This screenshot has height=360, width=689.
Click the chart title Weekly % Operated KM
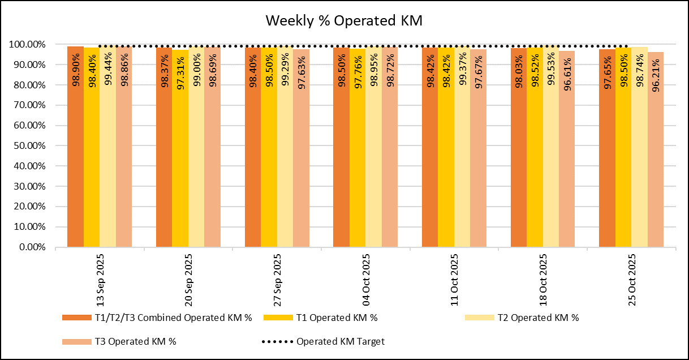[344, 21]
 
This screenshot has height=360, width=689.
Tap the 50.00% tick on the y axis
[28, 146]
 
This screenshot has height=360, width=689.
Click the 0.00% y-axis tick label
[30, 247]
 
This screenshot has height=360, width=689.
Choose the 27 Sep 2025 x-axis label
[278, 279]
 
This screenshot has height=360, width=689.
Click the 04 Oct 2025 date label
[366, 279]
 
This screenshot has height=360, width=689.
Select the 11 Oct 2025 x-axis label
[455, 279]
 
